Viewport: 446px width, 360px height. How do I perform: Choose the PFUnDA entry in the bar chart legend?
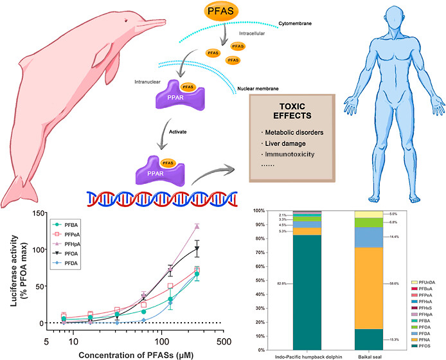tap(427, 282)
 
